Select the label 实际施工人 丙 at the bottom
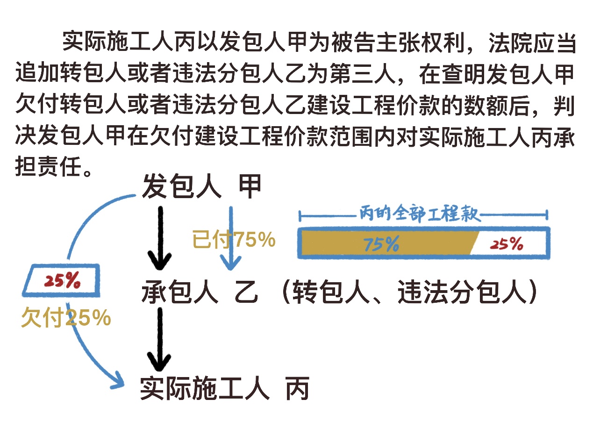(x=224, y=388)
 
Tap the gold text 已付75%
(x=234, y=240)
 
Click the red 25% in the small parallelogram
(x=62, y=280)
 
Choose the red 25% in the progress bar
(x=507, y=244)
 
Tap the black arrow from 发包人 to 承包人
(x=160, y=238)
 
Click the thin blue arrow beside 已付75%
(x=230, y=238)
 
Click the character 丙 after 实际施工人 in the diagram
(x=298, y=388)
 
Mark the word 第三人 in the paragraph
(x=369, y=75)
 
